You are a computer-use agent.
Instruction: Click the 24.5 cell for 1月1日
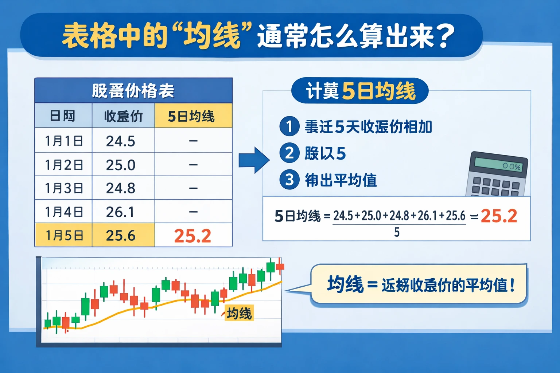tap(121, 141)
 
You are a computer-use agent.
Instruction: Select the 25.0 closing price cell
tap(121, 165)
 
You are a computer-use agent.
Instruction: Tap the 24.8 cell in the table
tap(121, 188)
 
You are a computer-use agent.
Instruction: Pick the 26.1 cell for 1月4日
tap(121, 212)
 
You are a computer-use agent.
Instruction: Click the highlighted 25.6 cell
tap(121, 236)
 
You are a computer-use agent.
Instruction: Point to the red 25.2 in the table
tap(192, 236)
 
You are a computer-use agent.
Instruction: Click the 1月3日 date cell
tap(64, 188)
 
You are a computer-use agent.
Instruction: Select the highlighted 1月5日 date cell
tap(64, 236)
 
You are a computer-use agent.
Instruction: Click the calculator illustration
tap(498, 175)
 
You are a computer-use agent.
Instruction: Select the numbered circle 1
tap(289, 126)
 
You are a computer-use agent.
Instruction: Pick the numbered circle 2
tap(289, 153)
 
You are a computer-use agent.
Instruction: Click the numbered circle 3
tap(289, 180)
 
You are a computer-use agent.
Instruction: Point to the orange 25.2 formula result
tap(499, 216)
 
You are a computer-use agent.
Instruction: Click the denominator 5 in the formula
tap(397, 232)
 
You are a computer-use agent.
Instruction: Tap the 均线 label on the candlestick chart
tap(239, 313)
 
